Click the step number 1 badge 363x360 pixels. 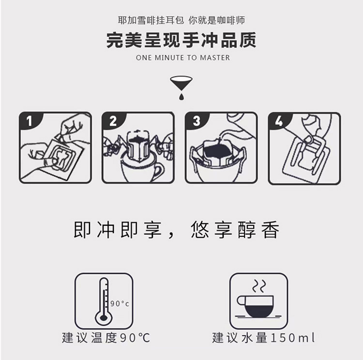point(29,121)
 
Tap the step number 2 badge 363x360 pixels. point(113,121)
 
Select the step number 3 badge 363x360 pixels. point(197,121)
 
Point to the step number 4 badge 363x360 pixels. point(279,121)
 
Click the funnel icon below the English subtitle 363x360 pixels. point(181,83)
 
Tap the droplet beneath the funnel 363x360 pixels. point(181,96)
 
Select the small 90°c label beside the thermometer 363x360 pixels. point(120,303)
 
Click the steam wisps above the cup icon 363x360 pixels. point(259,286)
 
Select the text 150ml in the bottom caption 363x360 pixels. point(293,338)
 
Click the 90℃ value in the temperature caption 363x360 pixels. point(135,338)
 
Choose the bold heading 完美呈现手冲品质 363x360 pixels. point(181,40)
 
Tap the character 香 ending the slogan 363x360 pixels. point(271,230)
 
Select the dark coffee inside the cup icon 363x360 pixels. point(258,311)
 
